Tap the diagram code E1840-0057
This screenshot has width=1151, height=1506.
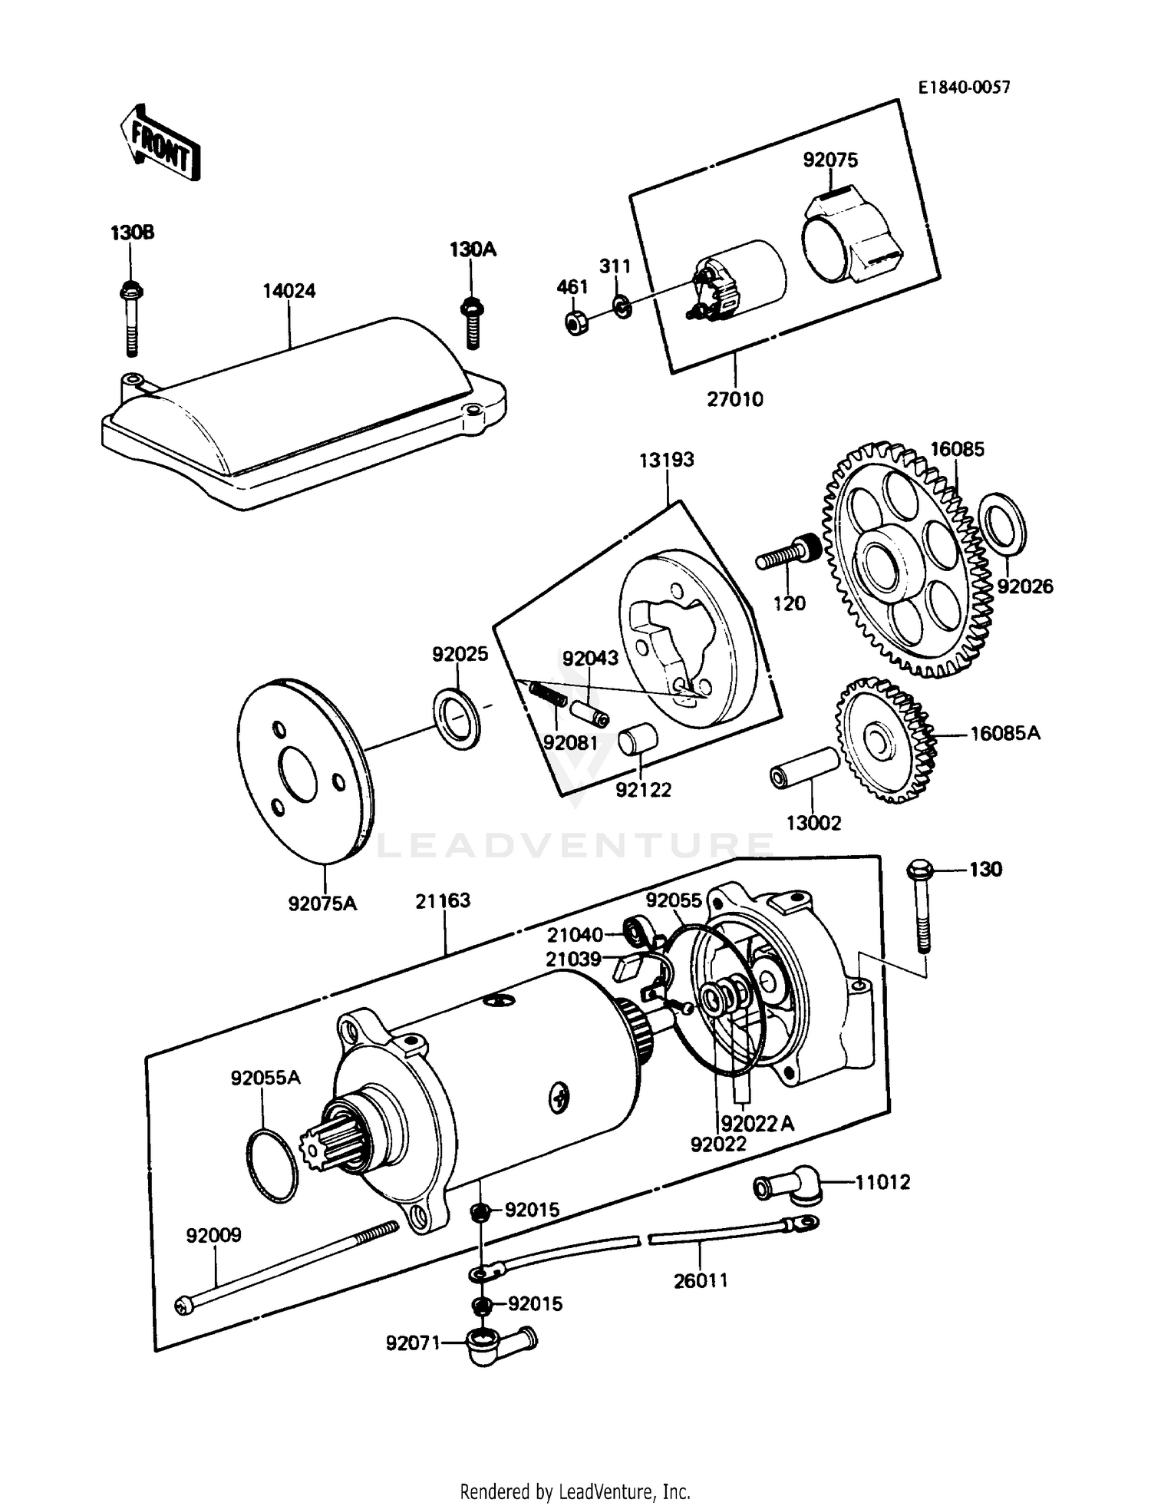tap(965, 88)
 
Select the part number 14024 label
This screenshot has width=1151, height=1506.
tap(289, 291)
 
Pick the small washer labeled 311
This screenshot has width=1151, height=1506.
tap(622, 306)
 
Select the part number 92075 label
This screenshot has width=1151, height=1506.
tap(830, 160)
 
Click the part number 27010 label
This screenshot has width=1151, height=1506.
tap(734, 399)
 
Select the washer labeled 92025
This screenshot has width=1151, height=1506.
tap(457, 718)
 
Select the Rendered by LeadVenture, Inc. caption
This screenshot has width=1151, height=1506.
tap(575, 1491)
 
